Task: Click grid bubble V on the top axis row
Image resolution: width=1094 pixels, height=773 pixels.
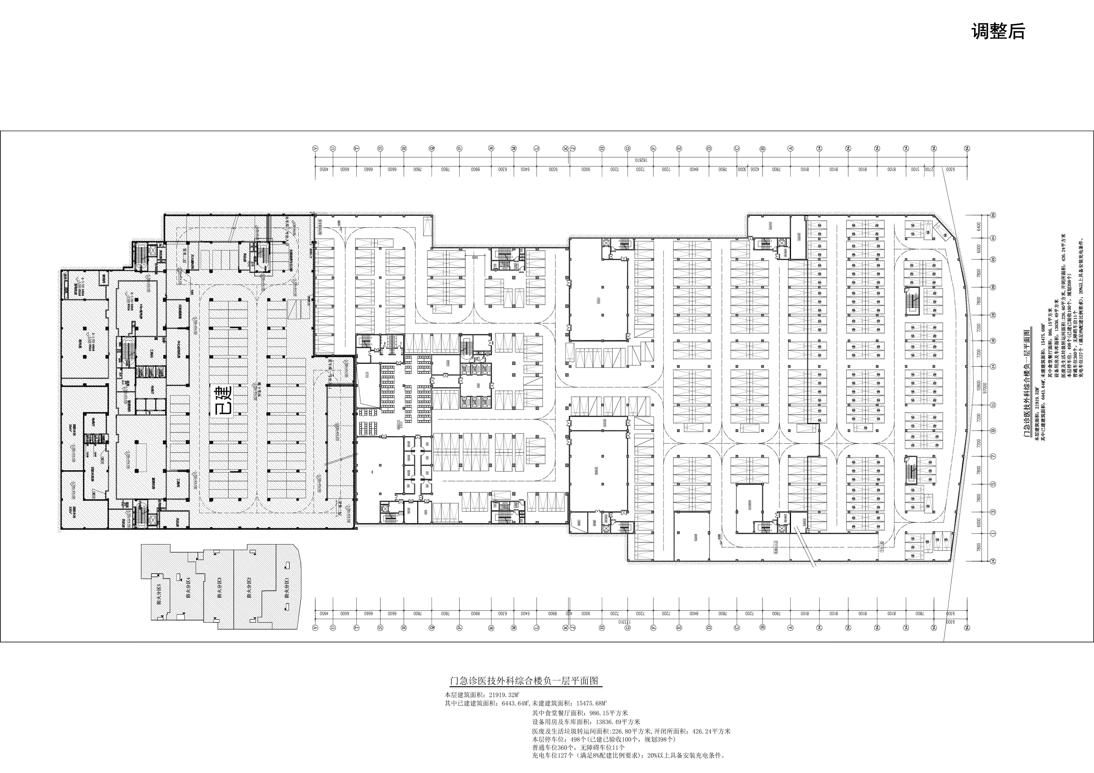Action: pos(315,149)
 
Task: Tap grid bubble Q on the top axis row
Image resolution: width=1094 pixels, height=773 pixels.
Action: pos(432,149)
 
